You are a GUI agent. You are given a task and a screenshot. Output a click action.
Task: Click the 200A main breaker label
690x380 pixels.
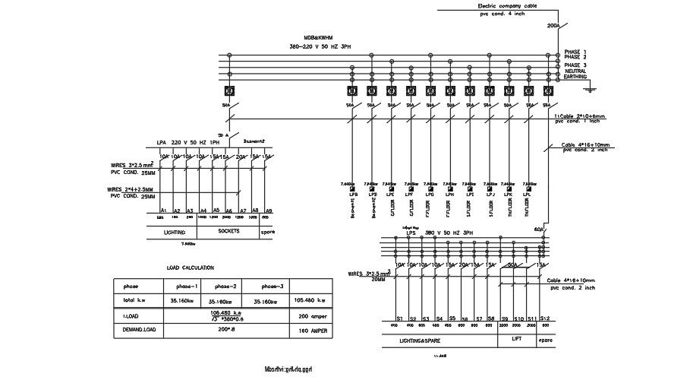[553, 26]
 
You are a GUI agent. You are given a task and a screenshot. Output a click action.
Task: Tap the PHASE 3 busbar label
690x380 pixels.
[575, 65]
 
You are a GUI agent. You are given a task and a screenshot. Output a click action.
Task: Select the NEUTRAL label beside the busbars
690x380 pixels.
[576, 71]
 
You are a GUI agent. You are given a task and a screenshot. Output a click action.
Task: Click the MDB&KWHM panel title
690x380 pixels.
[318, 37]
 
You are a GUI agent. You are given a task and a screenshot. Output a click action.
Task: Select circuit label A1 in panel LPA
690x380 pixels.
[164, 210]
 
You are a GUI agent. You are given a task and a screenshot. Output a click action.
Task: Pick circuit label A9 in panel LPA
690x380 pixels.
[269, 210]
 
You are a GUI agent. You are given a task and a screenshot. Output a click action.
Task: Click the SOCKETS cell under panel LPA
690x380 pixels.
[228, 230]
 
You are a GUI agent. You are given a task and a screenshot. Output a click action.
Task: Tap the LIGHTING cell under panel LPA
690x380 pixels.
[174, 231]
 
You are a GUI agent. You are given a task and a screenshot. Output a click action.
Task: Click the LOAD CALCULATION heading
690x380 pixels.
[190, 268]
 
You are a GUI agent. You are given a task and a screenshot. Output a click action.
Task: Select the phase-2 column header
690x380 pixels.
[227, 287]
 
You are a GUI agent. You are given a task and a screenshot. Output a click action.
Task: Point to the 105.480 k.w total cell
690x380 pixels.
[309, 300]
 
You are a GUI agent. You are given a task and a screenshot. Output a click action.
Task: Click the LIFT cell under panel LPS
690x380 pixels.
[517, 338]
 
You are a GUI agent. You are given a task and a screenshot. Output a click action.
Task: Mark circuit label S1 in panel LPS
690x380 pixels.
[400, 318]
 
